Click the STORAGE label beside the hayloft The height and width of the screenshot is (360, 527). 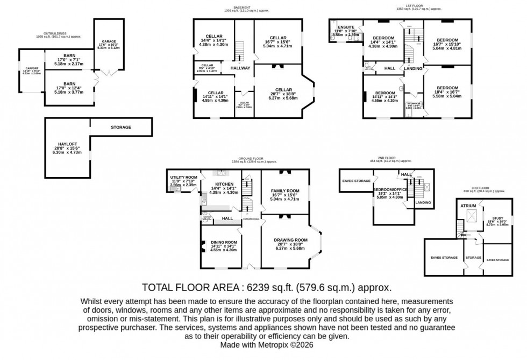pyautogui.click(x=120, y=128)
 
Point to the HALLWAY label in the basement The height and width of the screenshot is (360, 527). pyautogui.click(x=240, y=68)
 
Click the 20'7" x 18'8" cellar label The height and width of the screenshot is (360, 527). pyautogui.click(x=283, y=90)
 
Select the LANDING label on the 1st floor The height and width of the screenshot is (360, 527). pyautogui.click(x=413, y=69)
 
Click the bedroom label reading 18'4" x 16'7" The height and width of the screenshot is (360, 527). pyautogui.click(x=447, y=88)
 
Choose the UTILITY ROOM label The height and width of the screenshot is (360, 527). pyautogui.click(x=184, y=177)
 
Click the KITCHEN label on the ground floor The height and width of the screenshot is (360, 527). pyautogui.click(x=223, y=184)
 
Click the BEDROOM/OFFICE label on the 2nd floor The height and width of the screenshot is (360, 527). pyautogui.click(x=390, y=189)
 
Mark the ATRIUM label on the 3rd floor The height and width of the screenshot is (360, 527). pyautogui.click(x=467, y=206)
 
